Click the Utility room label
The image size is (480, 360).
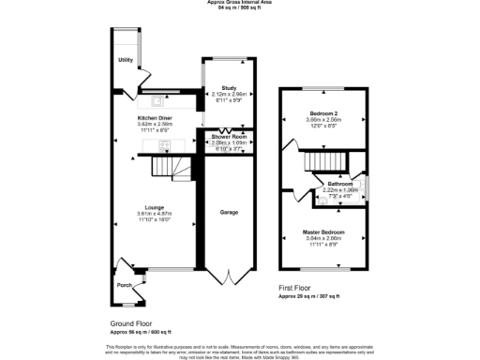[x=125, y=60]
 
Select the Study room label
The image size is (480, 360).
[x=229, y=88]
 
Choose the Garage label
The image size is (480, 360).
[x=229, y=213]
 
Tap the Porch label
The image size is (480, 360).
[x=124, y=285]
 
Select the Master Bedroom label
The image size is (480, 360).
[x=323, y=231]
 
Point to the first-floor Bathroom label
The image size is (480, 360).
[x=339, y=184]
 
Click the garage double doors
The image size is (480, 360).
[x=229, y=277]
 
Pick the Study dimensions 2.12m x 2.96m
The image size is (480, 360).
[x=229, y=94]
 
